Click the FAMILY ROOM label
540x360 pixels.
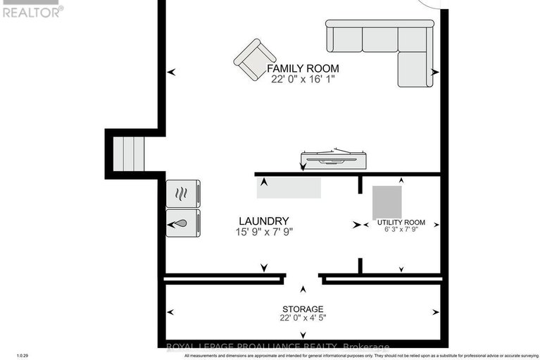point(303,68)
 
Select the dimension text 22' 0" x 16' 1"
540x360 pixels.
point(303,80)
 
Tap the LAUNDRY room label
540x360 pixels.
point(263,221)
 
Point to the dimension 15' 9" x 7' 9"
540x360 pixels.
point(263,231)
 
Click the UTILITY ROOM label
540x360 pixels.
point(401,222)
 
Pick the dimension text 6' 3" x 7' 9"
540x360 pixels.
point(401,230)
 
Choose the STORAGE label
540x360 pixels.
point(303,309)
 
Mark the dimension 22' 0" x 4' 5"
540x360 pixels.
point(303,318)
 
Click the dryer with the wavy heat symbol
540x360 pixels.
point(183,193)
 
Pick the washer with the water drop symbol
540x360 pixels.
point(183,223)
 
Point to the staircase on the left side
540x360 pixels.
point(129,153)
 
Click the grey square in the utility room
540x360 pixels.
point(387,201)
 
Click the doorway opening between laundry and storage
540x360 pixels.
point(303,278)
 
